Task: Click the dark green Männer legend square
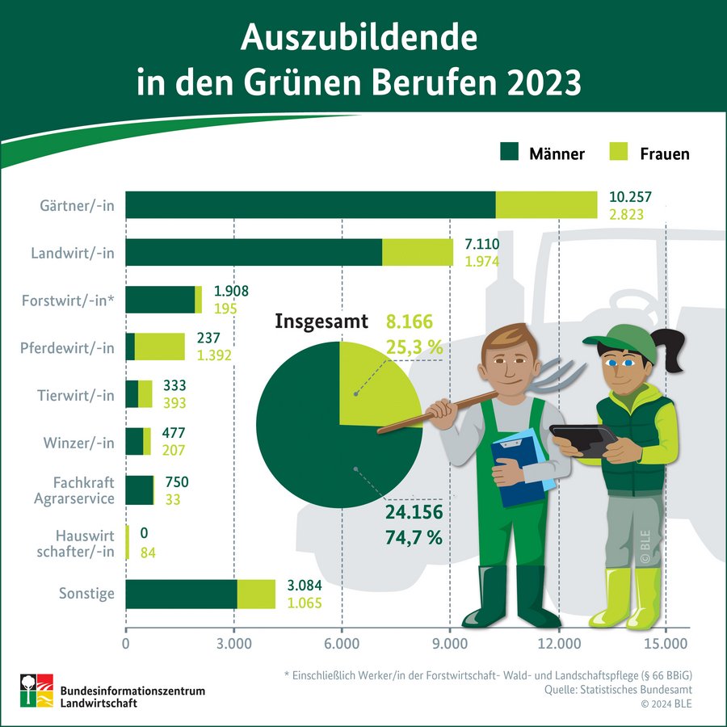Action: [x=509, y=152]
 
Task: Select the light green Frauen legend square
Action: [x=618, y=152]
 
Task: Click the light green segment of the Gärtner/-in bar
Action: [x=545, y=205]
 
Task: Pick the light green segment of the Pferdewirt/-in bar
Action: [x=159, y=347]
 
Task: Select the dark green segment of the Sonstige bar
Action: [x=181, y=594]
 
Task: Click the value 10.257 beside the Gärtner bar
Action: [x=630, y=197]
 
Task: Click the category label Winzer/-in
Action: [x=79, y=443]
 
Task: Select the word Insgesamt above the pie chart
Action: [x=321, y=321]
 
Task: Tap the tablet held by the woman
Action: [x=582, y=440]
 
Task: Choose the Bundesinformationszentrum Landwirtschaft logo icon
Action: [x=36, y=689]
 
